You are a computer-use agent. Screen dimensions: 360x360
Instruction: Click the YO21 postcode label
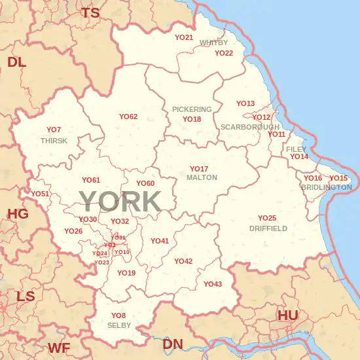[x=184, y=38]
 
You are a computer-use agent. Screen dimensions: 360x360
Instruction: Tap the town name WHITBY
[x=213, y=43]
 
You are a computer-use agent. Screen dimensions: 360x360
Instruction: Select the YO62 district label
[x=128, y=117]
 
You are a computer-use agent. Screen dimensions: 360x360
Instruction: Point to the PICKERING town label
[x=192, y=109]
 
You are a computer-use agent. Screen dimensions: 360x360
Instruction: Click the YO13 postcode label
[x=245, y=103]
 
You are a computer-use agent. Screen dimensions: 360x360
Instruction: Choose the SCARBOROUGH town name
[x=250, y=126]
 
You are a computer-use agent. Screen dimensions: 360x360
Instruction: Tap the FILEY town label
[x=296, y=149]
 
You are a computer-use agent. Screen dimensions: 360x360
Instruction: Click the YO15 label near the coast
[x=338, y=178]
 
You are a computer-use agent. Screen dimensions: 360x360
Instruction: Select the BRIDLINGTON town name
[x=326, y=187]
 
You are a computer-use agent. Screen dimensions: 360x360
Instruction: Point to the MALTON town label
[x=202, y=177]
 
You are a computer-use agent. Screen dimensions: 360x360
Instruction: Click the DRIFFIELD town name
[x=268, y=228]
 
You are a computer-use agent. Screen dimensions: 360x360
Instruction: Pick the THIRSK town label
[x=54, y=141]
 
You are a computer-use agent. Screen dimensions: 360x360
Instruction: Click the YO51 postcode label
[x=40, y=194]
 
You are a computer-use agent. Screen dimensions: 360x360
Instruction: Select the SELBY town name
[x=119, y=325]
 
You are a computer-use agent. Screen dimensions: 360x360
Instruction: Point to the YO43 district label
[x=213, y=284]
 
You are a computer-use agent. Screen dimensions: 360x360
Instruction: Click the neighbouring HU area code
[x=288, y=315]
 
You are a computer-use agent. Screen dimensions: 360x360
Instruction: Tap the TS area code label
[x=90, y=12]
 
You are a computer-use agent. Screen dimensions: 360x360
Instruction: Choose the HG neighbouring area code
[x=18, y=214]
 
